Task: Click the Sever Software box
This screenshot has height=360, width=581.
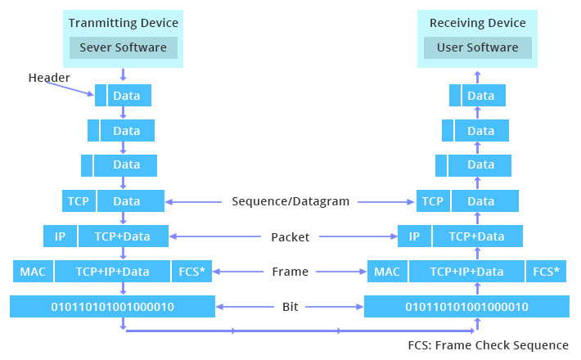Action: [123, 47]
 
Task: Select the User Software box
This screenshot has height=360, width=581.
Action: [477, 47]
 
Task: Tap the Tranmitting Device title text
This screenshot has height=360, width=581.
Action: [123, 22]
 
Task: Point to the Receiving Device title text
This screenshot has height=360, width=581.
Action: [477, 22]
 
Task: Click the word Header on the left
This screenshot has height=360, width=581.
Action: [49, 78]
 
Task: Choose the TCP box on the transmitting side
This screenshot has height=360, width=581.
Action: [79, 201]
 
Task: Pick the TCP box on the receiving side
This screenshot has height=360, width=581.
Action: [433, 201]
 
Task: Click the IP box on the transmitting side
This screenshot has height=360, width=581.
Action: [60, 236]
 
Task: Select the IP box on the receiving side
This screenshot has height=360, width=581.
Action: [414, 236]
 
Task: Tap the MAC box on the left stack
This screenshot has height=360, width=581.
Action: [33, 272]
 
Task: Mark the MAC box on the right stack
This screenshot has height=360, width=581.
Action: [386, 272]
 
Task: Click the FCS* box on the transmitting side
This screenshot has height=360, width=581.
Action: [192, 272]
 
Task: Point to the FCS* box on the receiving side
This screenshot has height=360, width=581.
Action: [546, 272]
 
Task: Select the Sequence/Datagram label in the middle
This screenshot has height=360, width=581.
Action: [290, 201]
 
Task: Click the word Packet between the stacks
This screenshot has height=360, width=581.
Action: [290, 237]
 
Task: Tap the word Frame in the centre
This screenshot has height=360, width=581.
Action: [290, 272]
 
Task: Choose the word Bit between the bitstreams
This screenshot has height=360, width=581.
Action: [290, 307]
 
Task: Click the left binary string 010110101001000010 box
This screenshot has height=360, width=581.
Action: [113, 307]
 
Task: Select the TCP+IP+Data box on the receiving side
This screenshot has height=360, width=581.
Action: [466, 272]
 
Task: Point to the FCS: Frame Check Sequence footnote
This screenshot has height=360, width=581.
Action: [488, 345]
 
